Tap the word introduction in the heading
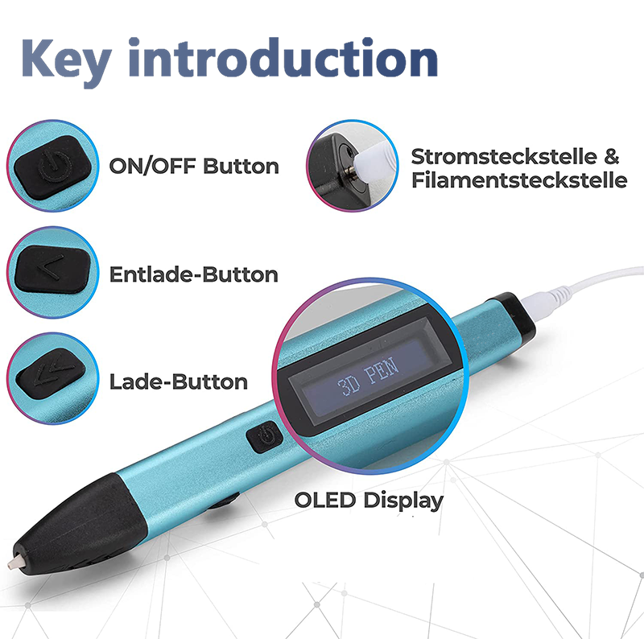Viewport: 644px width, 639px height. [x=283, y=56]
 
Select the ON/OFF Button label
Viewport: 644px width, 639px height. [x=194, y=166]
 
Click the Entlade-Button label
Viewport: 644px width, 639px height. [x=194, y=274]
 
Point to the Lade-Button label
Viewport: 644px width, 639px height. [x=179, y=382]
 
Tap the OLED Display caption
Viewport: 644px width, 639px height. [x=369, y=501]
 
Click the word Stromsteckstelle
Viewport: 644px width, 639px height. [x=504, y=157]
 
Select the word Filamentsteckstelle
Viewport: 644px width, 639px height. [x=519, y=180]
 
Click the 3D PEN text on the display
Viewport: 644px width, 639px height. [x=368, y=376]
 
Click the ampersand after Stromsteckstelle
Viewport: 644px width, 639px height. [x=612, y=157]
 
